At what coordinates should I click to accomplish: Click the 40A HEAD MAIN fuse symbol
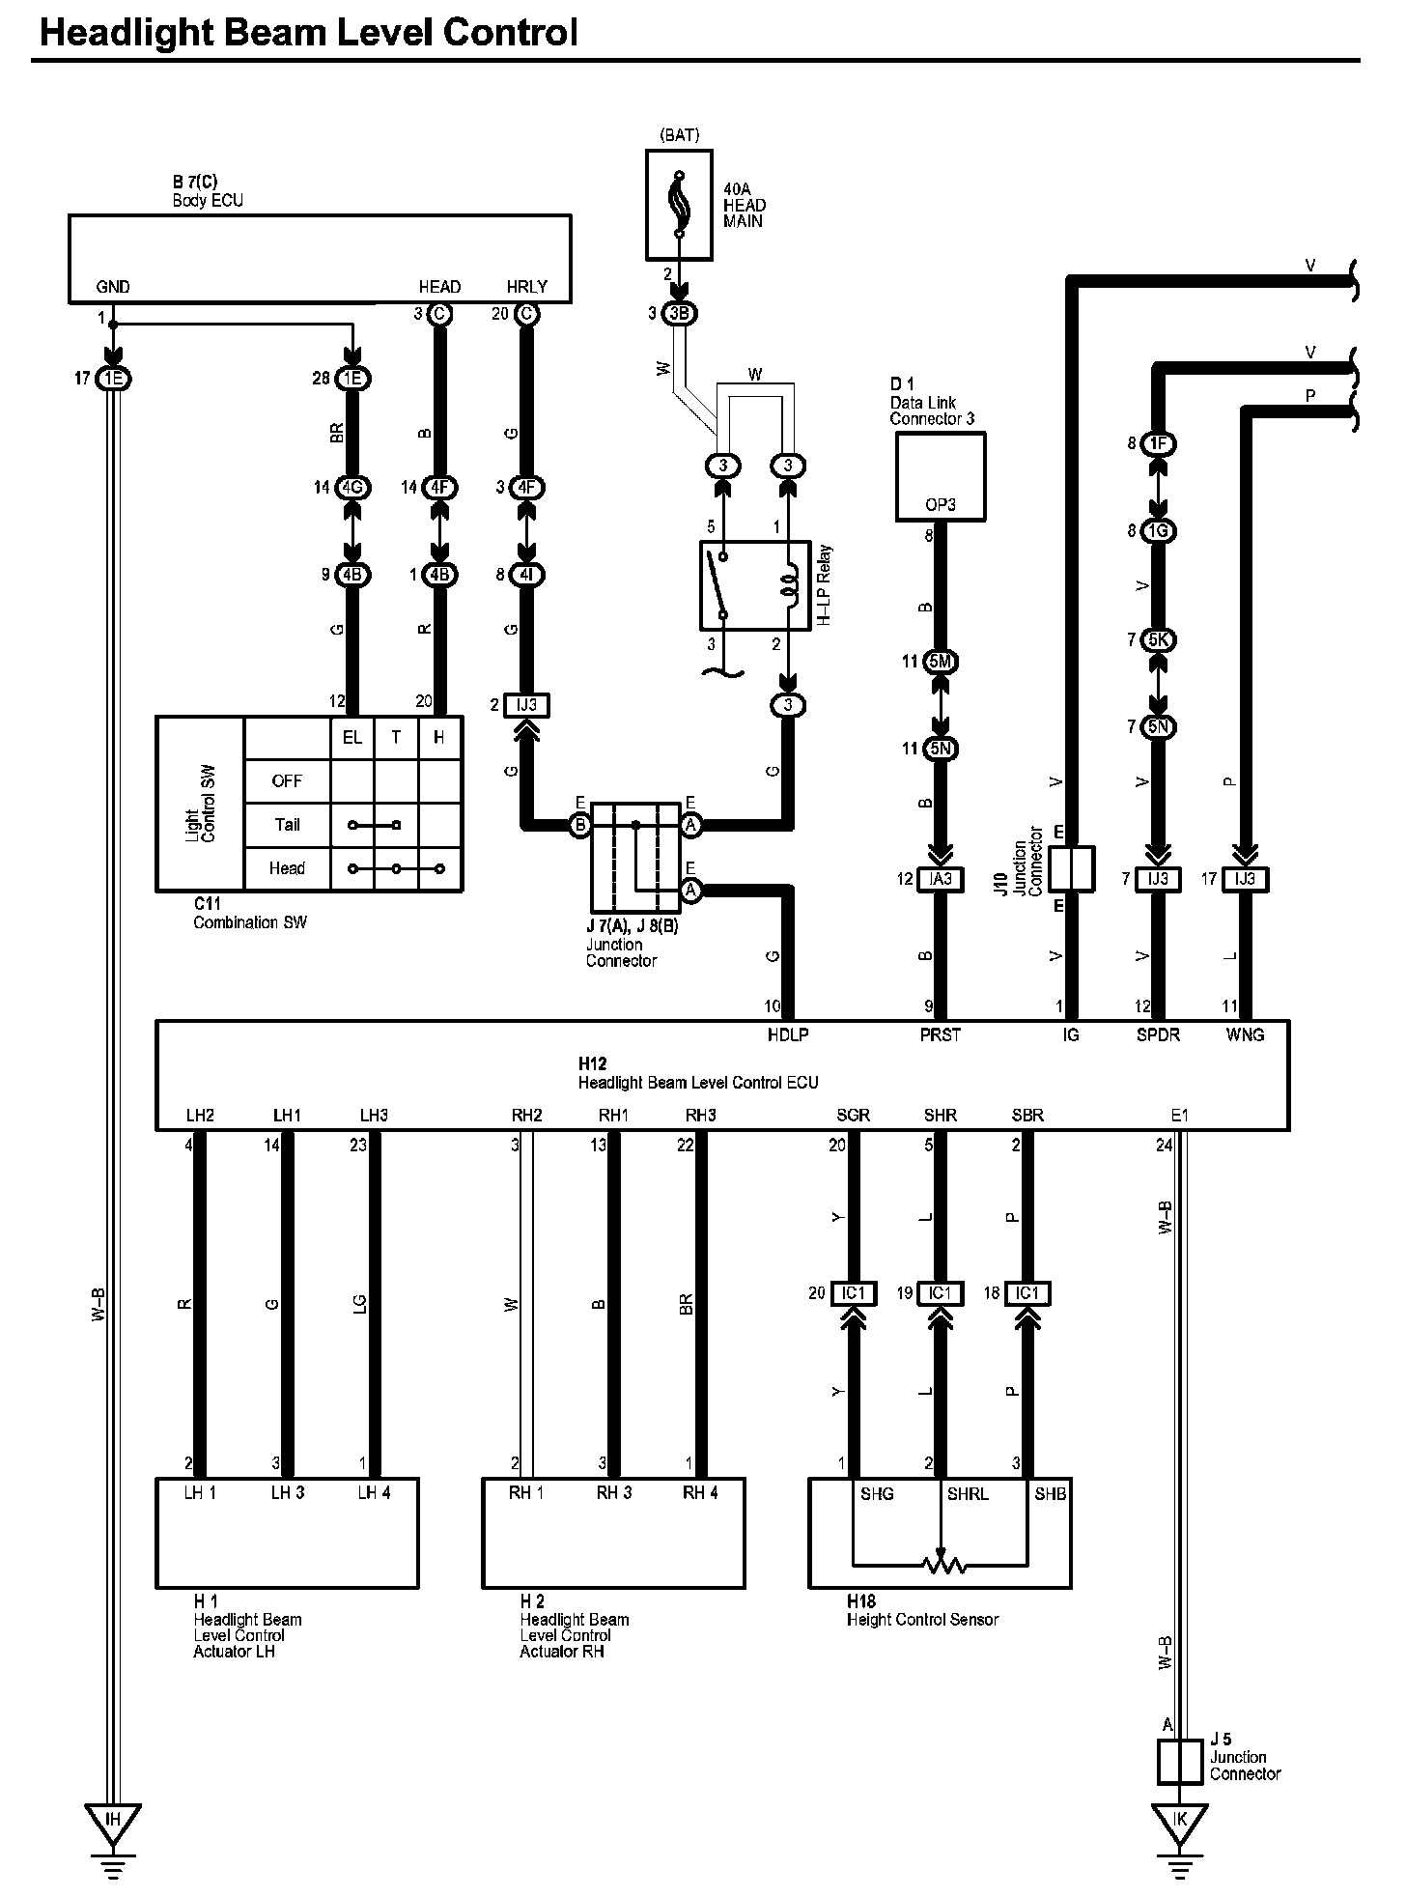click(x=679, y=205)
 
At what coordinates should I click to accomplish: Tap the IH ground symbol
click(x=113, y=1824)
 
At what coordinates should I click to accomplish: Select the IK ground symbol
click(x=1179, y=1824)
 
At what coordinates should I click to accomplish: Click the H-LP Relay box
click(x=754, y=585)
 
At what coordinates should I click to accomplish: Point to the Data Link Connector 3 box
click(x=941, y=476)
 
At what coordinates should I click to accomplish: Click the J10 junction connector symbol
click(x=1070, y=868)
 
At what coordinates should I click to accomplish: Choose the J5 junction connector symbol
click(x=1180, y=1762)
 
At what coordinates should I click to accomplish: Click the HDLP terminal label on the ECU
click(x=787, y=1034)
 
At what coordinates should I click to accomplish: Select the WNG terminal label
click(x=1245, y=1034)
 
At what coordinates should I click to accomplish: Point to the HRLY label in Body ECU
click(x=526, y=287)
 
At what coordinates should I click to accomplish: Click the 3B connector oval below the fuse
click(x=680, y=314)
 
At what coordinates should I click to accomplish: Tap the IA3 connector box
click(x=941, y=879)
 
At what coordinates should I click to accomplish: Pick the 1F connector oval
click(x=1158, y=444)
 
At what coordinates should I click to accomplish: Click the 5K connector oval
click(x=1158, y=640)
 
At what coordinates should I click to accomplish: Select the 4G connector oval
click(x=351, y=488)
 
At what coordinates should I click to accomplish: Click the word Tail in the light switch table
click(x=287, y=825)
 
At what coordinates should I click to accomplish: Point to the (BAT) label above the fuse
click(x=679, y=135)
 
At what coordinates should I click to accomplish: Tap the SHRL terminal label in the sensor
click(x=968, y=1493)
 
